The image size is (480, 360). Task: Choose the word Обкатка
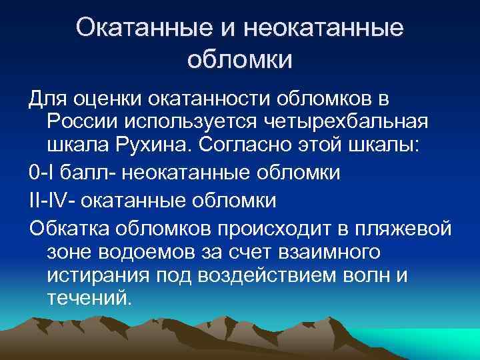click(70, 226)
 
